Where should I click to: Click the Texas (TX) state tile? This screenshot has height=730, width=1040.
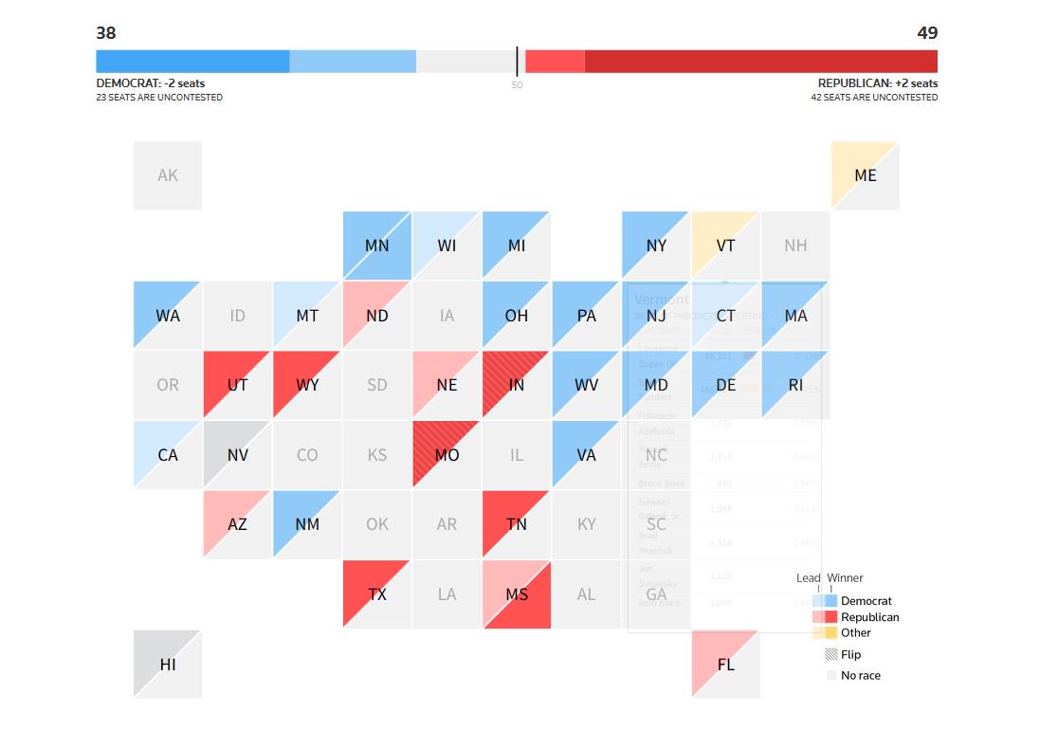(x=377, y=594)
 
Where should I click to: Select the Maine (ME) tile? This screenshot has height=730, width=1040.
(x=865, y=175)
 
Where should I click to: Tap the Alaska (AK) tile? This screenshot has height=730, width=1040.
(x=168, y=175)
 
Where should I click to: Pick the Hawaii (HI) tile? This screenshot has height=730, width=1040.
(x=168, y=665)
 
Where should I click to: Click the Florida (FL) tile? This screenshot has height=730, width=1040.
(x=725, y=665)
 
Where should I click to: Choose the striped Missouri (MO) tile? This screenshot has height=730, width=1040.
(x=447, y=455)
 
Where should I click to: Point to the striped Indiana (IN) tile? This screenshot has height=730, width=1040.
(x=517, y=385)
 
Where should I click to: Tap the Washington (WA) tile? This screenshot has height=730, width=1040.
(x=168, y=316)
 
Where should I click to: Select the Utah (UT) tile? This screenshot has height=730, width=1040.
(x=237, y=385)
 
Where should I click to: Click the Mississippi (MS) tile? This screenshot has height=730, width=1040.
(x=517, y=594)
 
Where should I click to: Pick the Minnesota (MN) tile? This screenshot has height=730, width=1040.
(x=377, y=246)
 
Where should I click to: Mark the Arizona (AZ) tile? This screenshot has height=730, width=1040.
(x=237, y=524)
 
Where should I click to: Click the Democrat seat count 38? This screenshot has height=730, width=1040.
(x=106, y=33)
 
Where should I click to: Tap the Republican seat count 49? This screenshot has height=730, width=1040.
(x=926, y=33)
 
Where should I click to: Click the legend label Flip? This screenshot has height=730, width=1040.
(x=850, y=655)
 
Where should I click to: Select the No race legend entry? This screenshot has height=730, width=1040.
(x=860, y=676)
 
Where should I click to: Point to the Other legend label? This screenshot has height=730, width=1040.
(x=855, y=632)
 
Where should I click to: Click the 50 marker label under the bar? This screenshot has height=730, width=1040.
(x=517, y=85)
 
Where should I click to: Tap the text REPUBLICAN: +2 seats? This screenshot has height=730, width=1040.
(x=877, y=83)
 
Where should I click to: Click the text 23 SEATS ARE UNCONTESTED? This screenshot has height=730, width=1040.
(x=159, y=98)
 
